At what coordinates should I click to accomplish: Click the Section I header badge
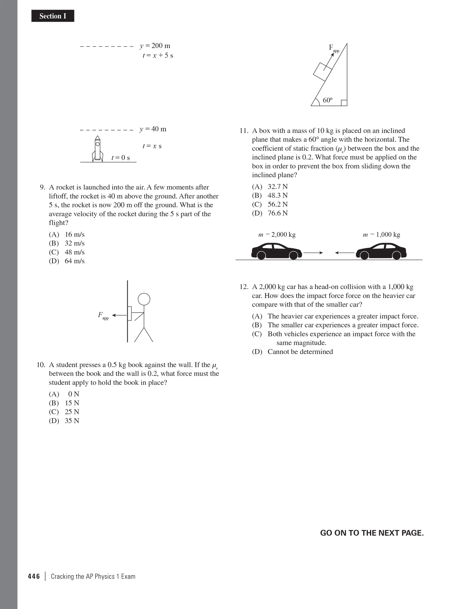tap(53, 16)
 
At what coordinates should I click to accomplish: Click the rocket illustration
tap(98, 149)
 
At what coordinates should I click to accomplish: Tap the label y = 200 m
tap(155, 46)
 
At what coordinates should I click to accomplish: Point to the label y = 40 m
tap(153, 129)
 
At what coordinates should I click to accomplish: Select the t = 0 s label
tap(120, 158)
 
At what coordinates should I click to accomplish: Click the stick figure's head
tap(144, 299)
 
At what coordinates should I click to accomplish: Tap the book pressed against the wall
tap(130, 313)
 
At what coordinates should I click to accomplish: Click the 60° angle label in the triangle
tap(327, 100)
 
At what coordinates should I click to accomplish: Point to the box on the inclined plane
tap(323, 71)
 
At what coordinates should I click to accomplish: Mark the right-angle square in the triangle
tap(344, 103)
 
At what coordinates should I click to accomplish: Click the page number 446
tap(34, 576)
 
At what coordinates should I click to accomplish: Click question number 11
tap(244, 131)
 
